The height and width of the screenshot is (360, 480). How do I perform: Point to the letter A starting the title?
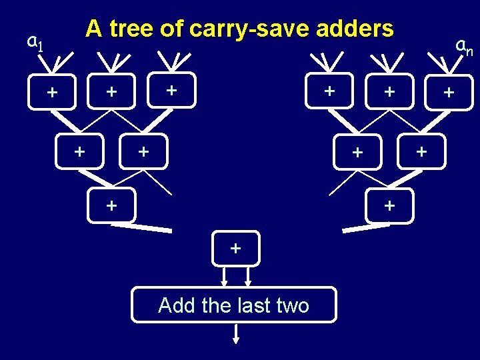coord(93,29)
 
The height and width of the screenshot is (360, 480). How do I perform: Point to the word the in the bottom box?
coord(216,305)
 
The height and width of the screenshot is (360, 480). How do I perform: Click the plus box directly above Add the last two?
coord(235,249)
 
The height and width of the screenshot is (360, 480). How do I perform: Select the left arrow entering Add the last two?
coord(224,276)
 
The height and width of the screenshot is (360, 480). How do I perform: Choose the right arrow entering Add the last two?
coord(248,276)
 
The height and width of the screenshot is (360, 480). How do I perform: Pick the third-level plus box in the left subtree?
coord(111,205)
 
